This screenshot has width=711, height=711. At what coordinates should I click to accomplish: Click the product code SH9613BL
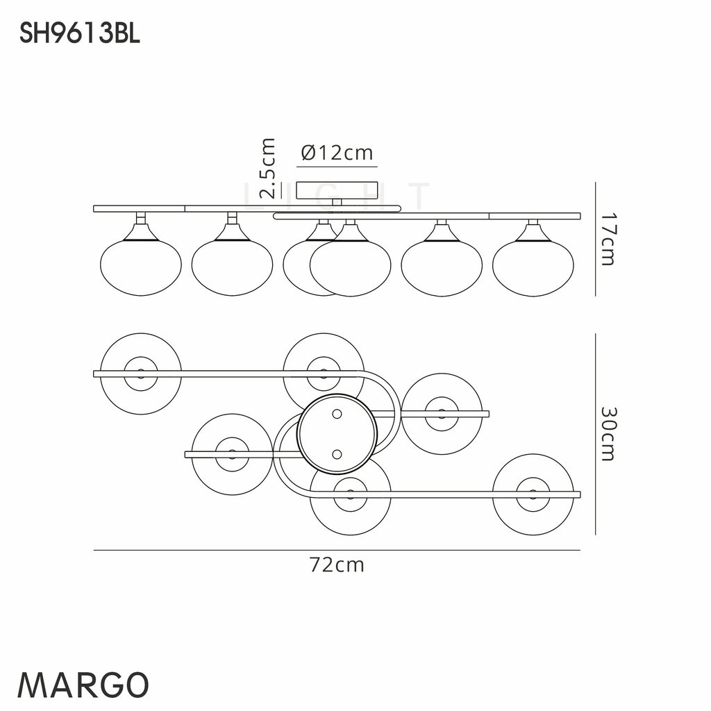[80, 33]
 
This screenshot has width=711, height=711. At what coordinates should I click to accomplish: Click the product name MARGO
[83, 685]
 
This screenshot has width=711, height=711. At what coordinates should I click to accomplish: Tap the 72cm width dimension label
[337, 565]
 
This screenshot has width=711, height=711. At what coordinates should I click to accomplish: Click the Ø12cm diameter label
[337, 153]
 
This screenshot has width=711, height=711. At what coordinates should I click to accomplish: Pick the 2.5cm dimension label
[267, 169]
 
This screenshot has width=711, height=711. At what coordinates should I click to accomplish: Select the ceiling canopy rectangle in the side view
[337, 190]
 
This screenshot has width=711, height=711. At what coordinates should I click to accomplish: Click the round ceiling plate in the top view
[337, 434]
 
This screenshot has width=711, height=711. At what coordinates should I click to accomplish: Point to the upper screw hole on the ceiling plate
[337, 415]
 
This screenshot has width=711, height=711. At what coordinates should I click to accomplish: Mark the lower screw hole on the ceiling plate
[337, 454]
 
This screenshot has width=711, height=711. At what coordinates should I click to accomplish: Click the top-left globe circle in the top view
[141, 374]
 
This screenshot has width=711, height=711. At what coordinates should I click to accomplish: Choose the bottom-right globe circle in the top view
[533, 494]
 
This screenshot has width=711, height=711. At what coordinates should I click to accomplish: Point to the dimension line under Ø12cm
[337, 167]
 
